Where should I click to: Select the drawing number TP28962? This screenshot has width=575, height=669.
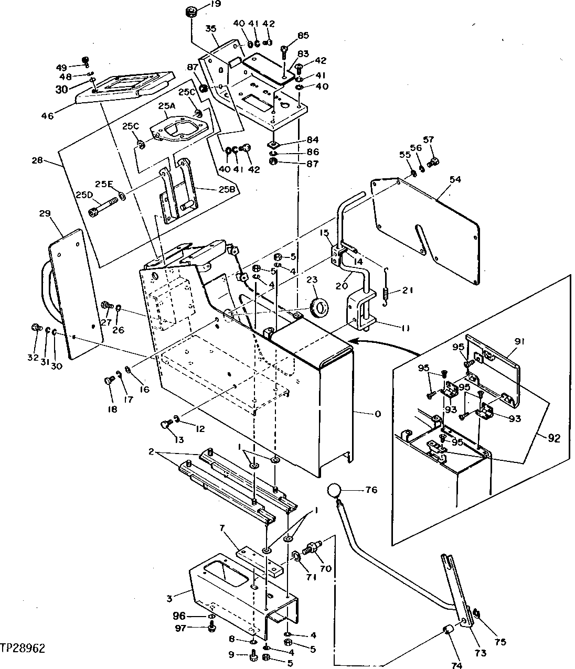23,649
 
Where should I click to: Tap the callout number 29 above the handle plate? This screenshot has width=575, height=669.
45,214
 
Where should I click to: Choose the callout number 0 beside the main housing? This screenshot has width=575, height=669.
378,414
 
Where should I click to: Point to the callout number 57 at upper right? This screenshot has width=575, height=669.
429,139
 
